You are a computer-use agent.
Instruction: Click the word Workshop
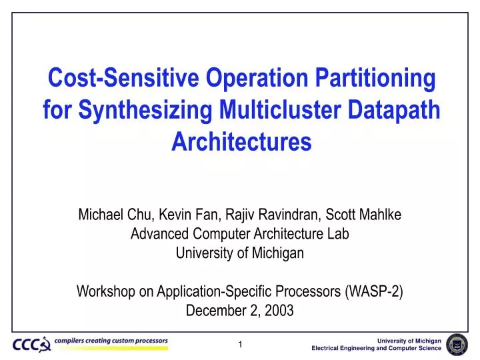tap(105, 291)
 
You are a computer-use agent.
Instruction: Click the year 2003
tap(280, 311)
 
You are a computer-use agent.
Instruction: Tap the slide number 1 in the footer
tap(241, 344)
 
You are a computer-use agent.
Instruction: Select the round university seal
tap(457, 344)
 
